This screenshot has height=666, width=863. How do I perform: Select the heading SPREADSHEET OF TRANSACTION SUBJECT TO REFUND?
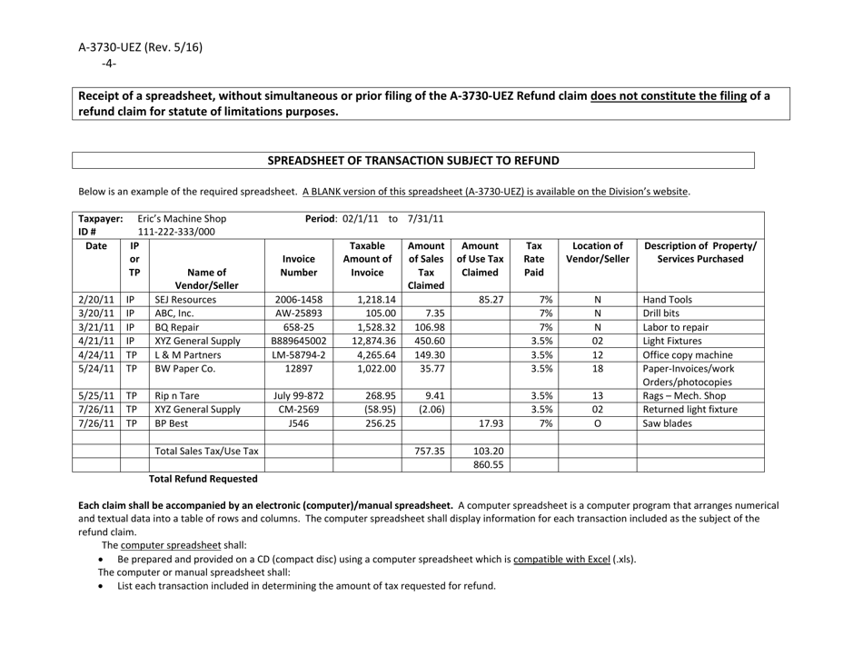pos(412,161)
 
